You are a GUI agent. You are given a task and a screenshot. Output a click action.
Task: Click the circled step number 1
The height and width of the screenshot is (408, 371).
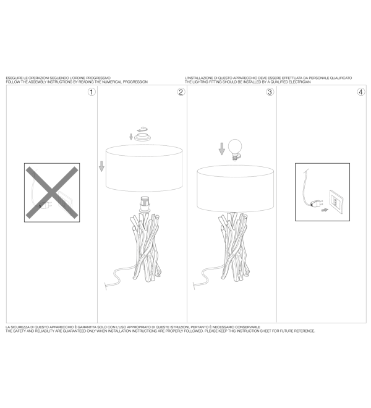[x=92, y=92]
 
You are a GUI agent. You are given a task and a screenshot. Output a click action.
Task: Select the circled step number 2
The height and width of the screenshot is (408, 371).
[x=181, y=92]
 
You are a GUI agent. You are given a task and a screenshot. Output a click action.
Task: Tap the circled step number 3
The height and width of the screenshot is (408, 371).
[x=270, y=92]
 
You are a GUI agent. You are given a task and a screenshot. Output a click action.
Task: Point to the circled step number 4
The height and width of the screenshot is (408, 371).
[x=361, y=92]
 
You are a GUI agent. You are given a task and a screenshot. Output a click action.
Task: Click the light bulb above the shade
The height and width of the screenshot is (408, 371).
[x=235, y=150]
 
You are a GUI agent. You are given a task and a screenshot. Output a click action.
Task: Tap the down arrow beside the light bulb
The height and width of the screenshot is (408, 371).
[x=221, y=148]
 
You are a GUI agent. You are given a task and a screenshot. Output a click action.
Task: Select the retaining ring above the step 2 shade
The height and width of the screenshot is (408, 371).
[x=143, y=137]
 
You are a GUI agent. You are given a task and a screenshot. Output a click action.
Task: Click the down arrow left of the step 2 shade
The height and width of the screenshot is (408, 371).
[x=101, y=166]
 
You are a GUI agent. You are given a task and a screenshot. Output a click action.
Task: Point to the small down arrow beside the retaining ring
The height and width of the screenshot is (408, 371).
[x=131, y=137]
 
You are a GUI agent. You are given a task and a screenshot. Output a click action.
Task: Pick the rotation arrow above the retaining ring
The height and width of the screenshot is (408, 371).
[x=142, y=129]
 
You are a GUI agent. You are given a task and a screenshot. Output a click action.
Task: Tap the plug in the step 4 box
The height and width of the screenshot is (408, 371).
[x=317, y=203]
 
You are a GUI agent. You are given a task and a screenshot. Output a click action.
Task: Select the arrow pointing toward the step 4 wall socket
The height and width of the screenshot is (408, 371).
[x=325, y=210]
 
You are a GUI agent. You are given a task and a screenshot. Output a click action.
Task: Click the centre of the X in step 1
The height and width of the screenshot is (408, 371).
[x=52, y=192]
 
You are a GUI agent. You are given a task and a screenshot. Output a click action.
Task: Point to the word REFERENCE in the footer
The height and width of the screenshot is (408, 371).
[x=304, y=331]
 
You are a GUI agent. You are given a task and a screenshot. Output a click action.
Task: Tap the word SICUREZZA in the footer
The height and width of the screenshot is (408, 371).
[x=20, y=327]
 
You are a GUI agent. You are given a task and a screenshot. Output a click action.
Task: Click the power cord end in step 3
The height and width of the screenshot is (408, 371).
[x=194, y=286]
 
